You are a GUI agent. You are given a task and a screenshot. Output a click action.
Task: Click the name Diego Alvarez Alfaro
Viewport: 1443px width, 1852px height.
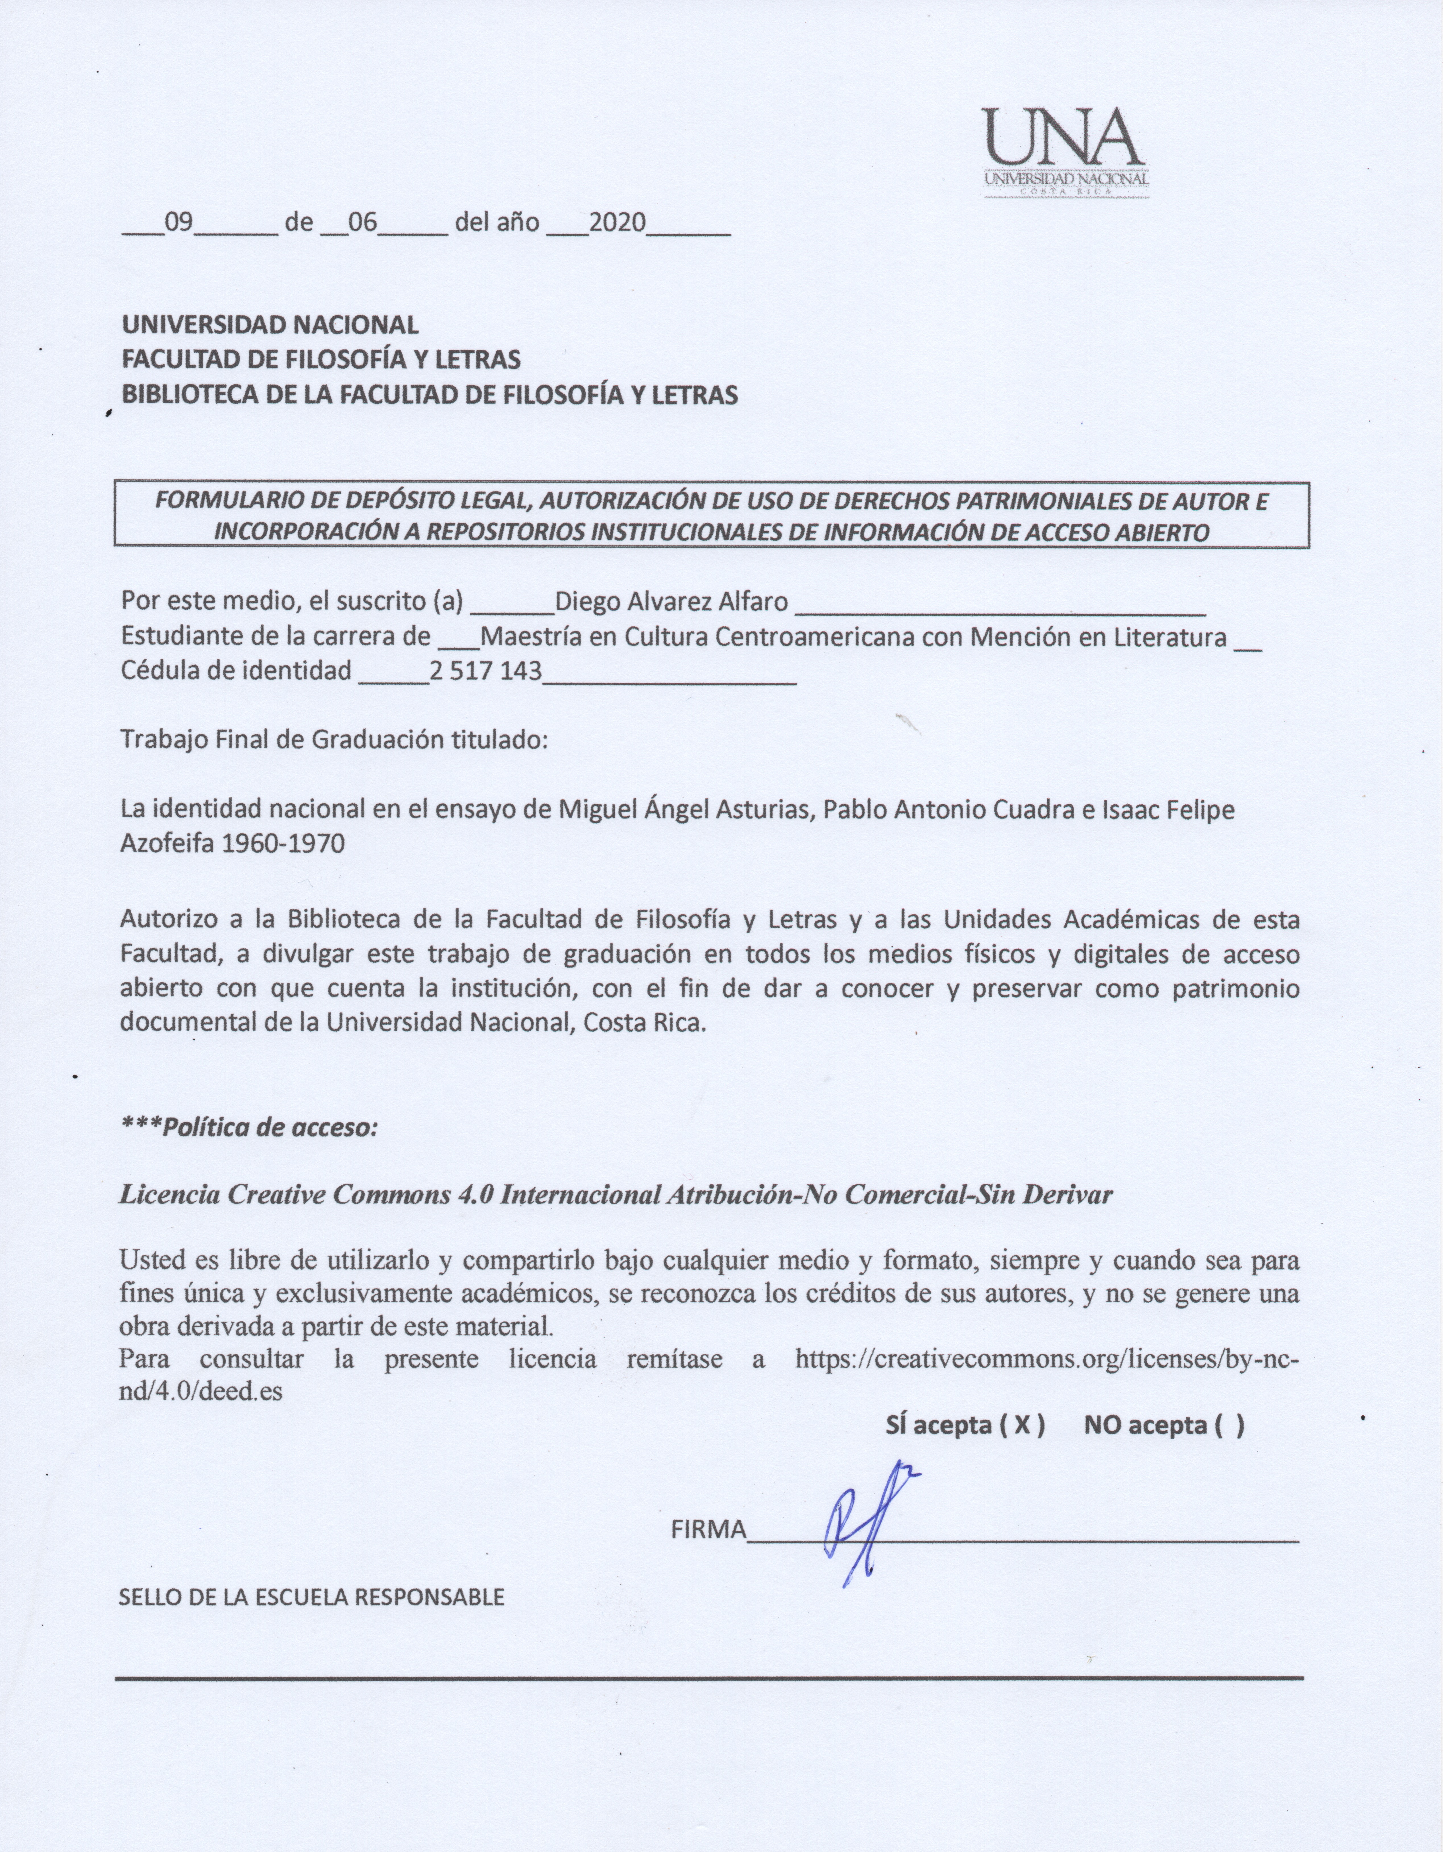671,602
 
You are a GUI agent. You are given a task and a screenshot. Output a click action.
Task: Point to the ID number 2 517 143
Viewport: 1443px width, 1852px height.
485,671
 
